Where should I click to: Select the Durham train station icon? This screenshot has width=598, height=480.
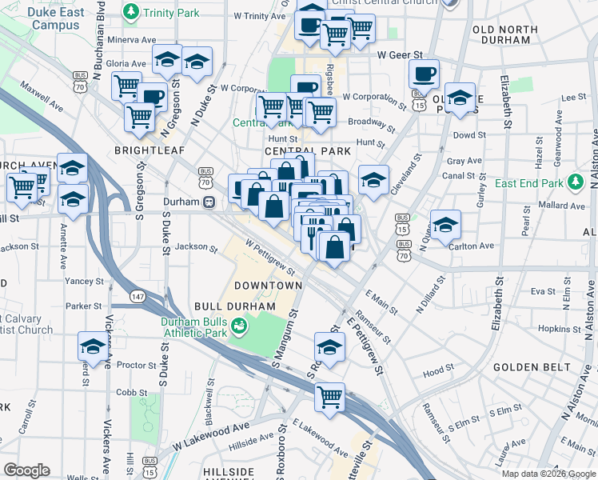(x=208, y=202)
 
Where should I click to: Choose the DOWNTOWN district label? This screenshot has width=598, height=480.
(x=268, y=286)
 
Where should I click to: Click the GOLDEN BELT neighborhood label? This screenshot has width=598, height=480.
(x=532, y=367)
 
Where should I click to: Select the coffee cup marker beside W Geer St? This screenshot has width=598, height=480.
(x=424, y=74)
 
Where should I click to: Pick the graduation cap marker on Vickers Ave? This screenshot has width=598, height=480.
(x=93, y=347)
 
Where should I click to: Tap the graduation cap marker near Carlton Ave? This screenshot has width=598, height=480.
(x=445, y=224)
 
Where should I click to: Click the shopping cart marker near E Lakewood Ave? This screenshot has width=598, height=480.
(x=329, y=397)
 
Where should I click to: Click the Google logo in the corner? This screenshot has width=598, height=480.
(x=26, y=470)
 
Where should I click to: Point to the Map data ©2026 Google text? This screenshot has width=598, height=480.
(x=548, y=474)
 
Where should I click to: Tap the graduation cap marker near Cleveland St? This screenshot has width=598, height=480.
(x=374, y=180)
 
